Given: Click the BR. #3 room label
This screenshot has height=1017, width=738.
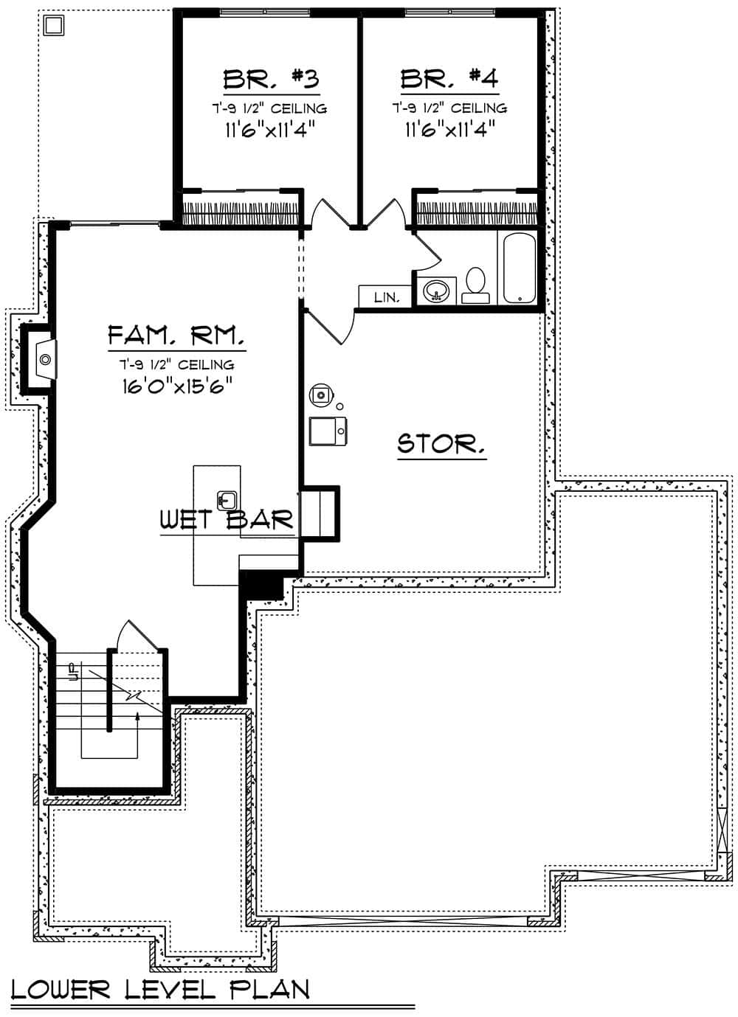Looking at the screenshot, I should click(x=271, y=78).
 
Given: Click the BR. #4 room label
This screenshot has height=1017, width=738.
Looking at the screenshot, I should click(x=449, y=78).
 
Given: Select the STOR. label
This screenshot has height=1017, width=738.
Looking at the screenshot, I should click(x=441, y=444).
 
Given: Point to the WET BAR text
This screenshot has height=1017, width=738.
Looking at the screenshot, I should click(x=227, y=520).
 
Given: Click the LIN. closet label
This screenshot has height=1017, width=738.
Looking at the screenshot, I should click(x=386, y=298).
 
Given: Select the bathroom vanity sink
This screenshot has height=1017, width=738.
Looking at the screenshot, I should click(x=436, y=291).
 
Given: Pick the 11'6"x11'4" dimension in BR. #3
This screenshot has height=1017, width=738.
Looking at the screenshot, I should click(x=269, y=130).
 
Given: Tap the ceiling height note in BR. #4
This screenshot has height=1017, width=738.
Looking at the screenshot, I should click(x=449, y=108).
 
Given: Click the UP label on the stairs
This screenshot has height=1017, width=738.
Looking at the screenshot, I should click(x=72, y=671).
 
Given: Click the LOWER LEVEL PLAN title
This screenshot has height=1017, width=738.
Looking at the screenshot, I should click(x=160, y=989).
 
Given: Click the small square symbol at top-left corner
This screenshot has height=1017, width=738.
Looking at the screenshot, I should click(x=53, y=26).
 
